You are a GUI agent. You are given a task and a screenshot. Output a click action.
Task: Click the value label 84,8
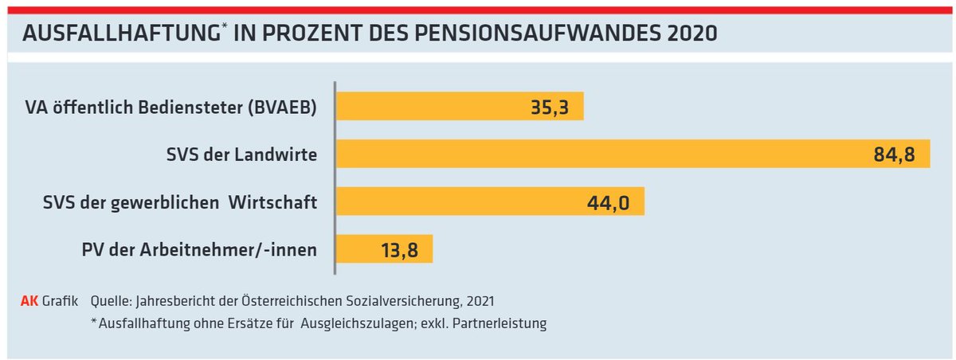[x=895, y=155]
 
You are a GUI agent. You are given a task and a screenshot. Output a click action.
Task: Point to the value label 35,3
[x=549, y=107]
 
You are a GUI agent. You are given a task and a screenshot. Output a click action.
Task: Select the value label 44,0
[x=609, y=202]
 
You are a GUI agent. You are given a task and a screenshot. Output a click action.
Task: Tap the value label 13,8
[x=398, y=250]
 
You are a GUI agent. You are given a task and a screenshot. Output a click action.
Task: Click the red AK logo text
[x=29, y=301]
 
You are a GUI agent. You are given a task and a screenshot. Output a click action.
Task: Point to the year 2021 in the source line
[x=481, y=301]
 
